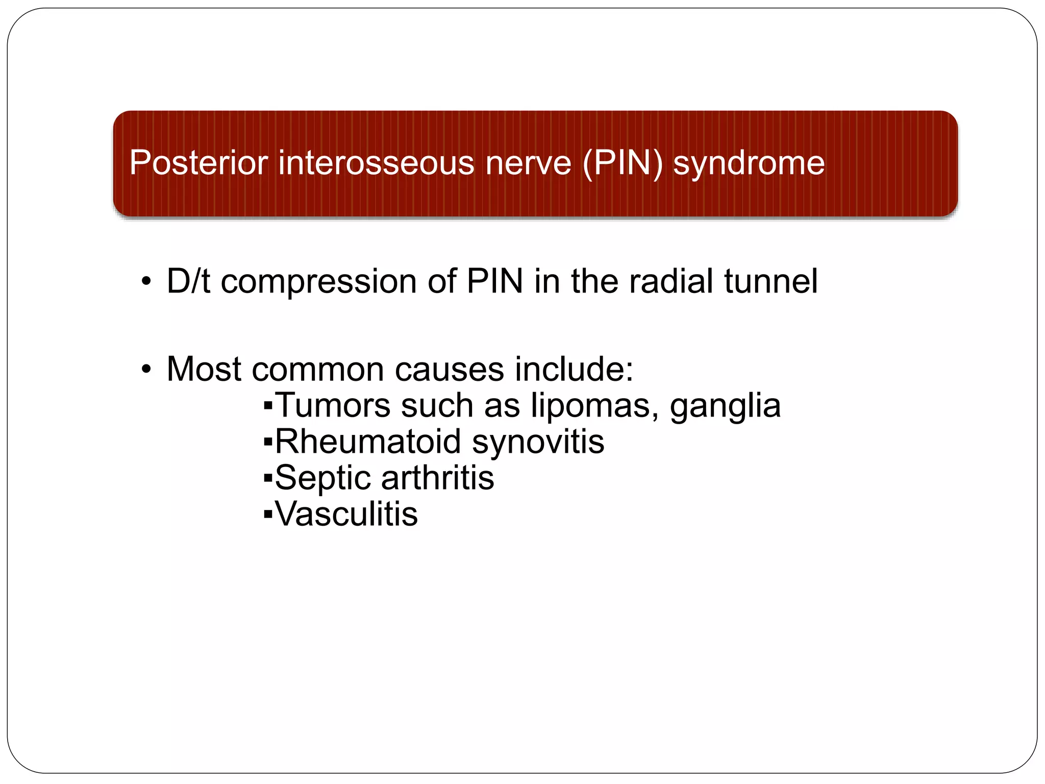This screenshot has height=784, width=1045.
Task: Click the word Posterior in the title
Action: pyautogui.click(x=198, y=163)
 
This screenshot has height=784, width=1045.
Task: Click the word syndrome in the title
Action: pyautogui.click(x=749, y=164)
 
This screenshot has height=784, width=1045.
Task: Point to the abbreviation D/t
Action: pyautogui.click(x=188, y=281)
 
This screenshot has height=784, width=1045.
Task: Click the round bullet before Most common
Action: pyautogui.click(x=146, y=369)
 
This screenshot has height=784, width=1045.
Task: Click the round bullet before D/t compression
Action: pyautogui.click(x=146, y=282)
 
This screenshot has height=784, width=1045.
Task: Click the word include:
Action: pyautogui.click(x=574, y=369)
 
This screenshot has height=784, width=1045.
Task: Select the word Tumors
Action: pyautogui.click(x=333, y=406)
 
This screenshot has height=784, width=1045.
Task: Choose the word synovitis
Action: pyautogui.click(x=538, y=443)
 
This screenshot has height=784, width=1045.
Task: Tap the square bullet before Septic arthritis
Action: pyautogui.click(x=268, y=479)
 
